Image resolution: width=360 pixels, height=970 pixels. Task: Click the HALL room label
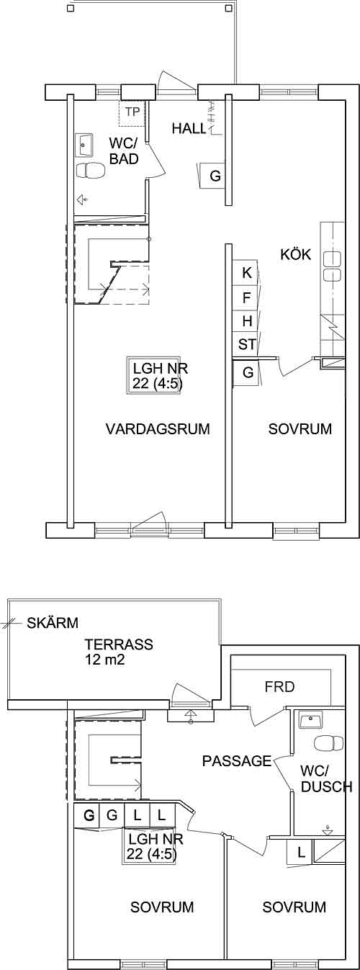click(x=189, y=128)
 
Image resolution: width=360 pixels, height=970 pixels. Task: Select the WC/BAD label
click(x=124, y=151)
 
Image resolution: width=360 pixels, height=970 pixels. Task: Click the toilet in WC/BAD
click(x=91, y=171)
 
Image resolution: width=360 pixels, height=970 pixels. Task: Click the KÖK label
click(x=296, y=254)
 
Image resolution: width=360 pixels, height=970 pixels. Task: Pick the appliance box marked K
click(x=246, y=273)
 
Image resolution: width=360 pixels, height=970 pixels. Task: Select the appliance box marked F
click(x=246, y=298)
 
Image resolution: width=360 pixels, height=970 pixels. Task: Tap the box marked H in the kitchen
click(x=246, y=321)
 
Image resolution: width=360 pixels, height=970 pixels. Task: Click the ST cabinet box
click(x=246, y=345)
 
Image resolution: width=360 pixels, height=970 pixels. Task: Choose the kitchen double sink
click(x=333, y=264)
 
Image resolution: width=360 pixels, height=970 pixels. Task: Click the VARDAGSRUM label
click(x=158, y=428)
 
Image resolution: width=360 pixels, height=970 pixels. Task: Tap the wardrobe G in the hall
click(x=214, y=176)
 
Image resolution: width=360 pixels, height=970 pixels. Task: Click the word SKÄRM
click(x=53, y=623)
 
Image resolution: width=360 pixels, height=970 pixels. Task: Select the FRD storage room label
click(x=279, y=686)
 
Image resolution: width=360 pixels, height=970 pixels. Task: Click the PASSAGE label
click(x=237, y=761)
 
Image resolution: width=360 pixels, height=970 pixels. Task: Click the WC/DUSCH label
click(x=325, y=779)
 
